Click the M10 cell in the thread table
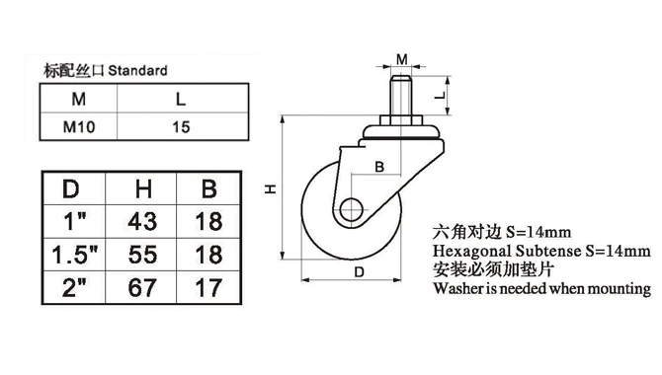coord(79,126)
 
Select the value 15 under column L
coord(181,127)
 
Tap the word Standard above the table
coord(137,70)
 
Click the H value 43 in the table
coord(142,221)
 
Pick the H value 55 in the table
coord(142,255)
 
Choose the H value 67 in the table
coord(142,288)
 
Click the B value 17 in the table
coord(208,288)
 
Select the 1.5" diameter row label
coord(75,255)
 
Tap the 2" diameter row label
coord(74,287)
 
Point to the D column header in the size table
coord(71,188)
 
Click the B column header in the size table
coord(209,188)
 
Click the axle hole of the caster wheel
coord(352,209)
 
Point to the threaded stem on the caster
coord(401,95)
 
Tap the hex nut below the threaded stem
coord(401,119)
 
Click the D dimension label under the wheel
coord(359,272)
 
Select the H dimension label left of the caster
coord(270,188)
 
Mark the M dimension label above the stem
coord(402,59)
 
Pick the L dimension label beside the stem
coord(440,96)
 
